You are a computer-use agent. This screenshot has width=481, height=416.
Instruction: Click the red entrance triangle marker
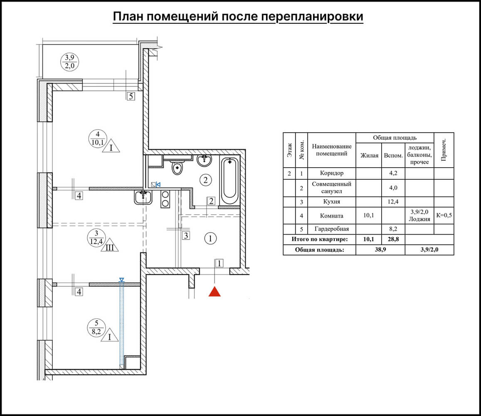(214, 292)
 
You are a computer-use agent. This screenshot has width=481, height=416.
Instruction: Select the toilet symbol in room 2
(178, 168)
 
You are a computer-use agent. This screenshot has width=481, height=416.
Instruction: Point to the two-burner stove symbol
(165, 199)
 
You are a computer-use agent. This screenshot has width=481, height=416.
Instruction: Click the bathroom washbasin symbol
(205, 160)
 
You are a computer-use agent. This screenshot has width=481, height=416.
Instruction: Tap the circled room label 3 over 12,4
(96, 238)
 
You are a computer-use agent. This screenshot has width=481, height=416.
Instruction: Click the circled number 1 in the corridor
(211, 239)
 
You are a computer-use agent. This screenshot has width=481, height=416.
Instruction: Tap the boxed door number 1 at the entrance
(219, 263)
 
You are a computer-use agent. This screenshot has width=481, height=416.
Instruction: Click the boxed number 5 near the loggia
(131, 97)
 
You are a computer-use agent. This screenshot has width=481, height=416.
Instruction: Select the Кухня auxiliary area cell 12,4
(393, 202)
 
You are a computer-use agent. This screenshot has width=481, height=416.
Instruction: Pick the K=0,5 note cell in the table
(444, 215)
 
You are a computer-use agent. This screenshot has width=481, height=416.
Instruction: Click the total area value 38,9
(380, 250)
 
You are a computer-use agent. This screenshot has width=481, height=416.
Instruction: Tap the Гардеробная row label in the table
(332, 229)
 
